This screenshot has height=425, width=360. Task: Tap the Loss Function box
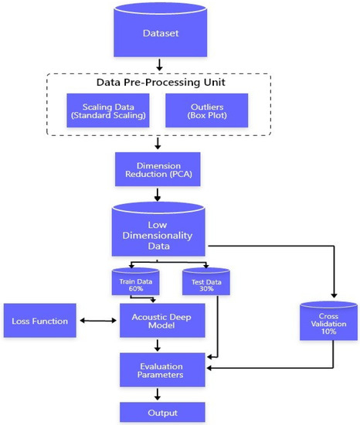click(39, 320)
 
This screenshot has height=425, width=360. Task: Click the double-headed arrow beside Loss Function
click(97, 320)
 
